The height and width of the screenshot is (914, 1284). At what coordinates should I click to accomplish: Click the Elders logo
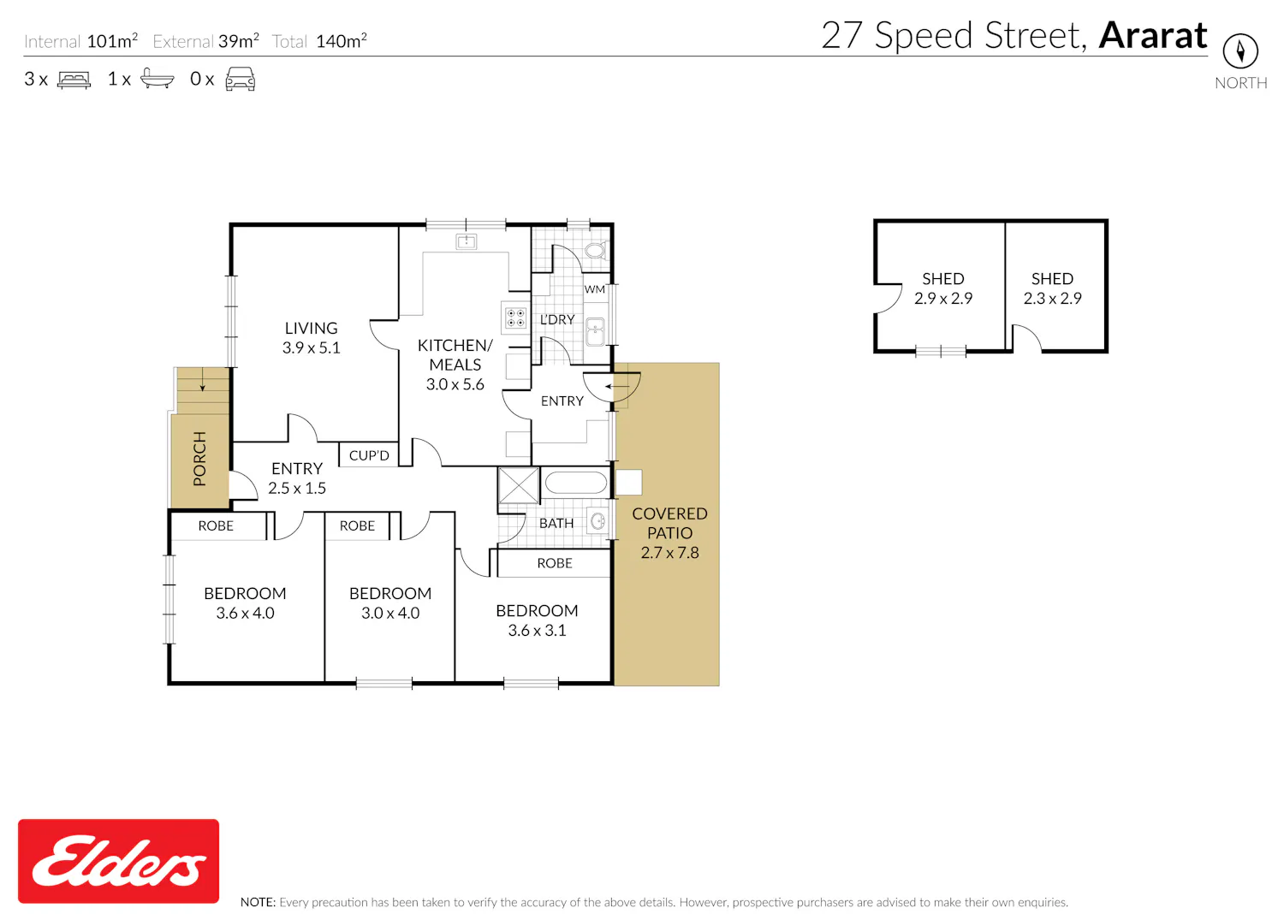[x=118, y=861]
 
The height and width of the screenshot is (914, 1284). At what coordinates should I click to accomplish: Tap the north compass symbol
[x=1240, y=50]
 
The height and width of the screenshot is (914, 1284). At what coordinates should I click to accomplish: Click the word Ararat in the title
[x=1153, y=36]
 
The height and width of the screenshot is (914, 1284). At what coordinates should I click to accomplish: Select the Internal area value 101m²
[x=112, y=41]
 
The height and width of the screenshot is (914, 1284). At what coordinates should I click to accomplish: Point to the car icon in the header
[x=241, y=79]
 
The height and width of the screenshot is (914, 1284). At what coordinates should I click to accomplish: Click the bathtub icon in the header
[x=157, y=79]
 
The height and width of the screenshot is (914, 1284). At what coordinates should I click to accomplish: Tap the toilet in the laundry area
[x=596, y=250]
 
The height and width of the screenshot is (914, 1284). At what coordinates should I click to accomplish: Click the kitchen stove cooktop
[x=515, y=318]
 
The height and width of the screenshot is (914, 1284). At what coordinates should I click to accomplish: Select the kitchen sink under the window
[x=467, y=241]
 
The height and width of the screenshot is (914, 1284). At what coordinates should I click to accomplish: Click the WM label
[x=594, y=289]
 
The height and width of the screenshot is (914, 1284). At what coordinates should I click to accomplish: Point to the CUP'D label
[x=369, y=455]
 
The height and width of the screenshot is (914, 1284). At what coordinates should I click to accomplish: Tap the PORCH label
[x=199, y=459]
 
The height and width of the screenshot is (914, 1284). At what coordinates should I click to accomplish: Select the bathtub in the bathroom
[x=575, y=483]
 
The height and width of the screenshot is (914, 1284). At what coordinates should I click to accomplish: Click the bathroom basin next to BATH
[x=597, y=521]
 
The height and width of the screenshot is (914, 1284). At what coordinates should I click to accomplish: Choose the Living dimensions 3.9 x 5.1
[x=312, y=347]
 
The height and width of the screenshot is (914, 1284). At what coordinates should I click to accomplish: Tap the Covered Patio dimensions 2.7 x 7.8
[x=669, y=553]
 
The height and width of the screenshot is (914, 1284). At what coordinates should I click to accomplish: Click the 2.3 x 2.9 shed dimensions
[x=1052, y=299]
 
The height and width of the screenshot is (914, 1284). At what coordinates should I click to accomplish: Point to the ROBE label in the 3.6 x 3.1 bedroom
[x=555, y=563]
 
